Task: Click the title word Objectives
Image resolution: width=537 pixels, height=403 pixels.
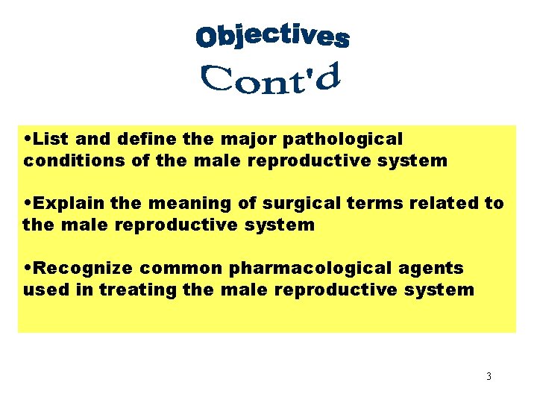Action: point(272,36)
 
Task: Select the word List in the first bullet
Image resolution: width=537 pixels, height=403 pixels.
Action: point(50,139)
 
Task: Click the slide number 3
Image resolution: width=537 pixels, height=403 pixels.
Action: point(489,377)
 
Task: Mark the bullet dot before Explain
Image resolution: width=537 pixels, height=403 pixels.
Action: point(28,204)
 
